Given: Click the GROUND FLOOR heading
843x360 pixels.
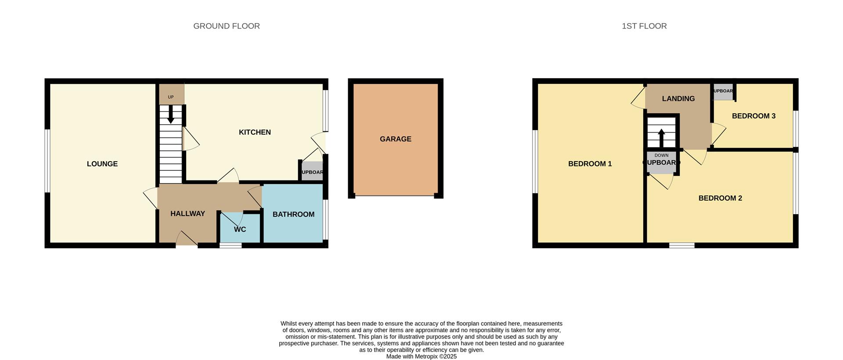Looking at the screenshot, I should point(227,26).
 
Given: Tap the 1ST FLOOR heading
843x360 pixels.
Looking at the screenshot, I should point(644,26).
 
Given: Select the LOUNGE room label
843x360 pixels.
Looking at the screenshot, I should point(102,164).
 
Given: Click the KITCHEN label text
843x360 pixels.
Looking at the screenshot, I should point(255,132).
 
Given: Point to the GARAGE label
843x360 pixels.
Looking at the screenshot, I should point(396,139).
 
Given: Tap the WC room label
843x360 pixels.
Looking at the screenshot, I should point(240,230).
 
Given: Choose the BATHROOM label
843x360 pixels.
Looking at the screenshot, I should point(293,214).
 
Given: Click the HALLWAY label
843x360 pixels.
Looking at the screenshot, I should point(187,214).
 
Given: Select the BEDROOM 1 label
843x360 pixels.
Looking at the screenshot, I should point(590,164).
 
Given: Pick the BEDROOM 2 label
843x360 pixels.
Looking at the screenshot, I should point(720,198).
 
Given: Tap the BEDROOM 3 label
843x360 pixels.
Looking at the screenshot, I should point(753,116).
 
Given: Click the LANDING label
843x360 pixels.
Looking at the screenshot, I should point(678,99).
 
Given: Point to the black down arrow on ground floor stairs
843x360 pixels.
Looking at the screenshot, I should point(171,115).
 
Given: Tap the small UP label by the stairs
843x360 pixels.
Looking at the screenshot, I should point(171,97).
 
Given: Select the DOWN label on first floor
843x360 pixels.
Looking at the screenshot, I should point(661,155).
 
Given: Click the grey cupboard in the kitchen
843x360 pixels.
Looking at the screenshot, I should point(312,172).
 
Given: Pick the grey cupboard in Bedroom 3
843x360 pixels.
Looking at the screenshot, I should point(723,91).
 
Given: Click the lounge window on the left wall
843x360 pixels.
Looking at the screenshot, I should point(47,161).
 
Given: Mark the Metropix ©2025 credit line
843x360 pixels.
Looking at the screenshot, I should point(421,356).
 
